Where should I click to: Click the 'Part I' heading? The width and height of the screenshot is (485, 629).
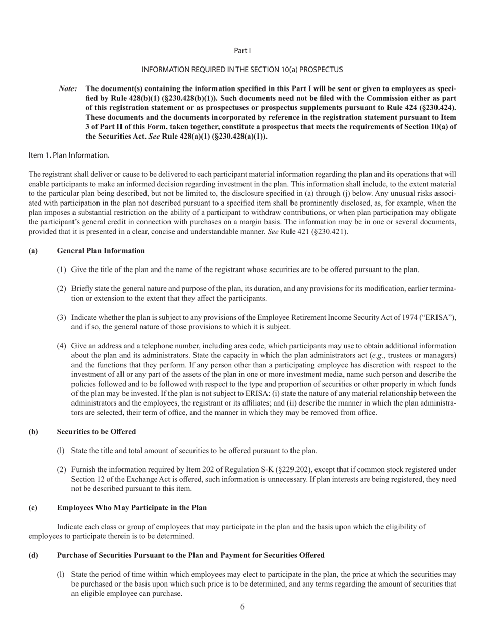tap(242, 50)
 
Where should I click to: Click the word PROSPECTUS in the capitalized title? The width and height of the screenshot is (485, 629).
tap(321, 69)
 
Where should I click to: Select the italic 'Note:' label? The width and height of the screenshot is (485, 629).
tap(68, 88)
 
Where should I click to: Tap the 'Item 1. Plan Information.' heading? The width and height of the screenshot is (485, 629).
tap(68, 155)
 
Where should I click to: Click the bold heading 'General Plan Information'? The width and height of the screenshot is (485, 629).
tap(101, 250)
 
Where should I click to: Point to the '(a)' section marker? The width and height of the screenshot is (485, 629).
tap(33, 250)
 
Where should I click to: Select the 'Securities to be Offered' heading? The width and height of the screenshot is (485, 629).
tap(96, 431)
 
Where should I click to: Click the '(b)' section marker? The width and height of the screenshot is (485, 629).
tap(33, 431)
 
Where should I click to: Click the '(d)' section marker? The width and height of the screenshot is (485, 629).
tap(33, 555)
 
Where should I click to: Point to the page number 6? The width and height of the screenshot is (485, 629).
tap(242, 607)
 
